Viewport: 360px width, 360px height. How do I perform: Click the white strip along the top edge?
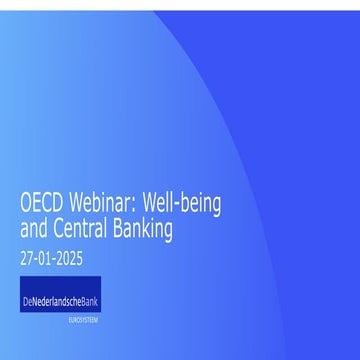point(180,4)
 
